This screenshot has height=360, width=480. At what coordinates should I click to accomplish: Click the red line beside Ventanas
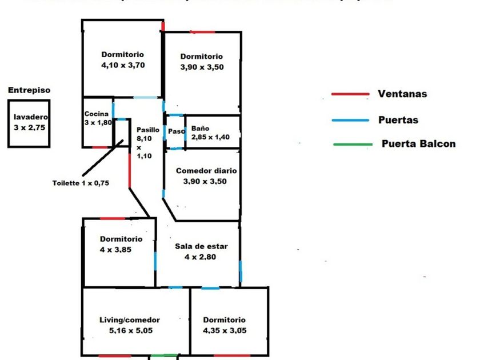point(350,94)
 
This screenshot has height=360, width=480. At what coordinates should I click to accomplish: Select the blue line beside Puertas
point(350,121)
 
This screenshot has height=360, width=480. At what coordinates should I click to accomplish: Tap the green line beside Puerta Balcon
point(350,144)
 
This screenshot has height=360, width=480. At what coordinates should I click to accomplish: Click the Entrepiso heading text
point(29,90)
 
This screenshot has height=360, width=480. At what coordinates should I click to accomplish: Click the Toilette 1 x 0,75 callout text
point(81,183)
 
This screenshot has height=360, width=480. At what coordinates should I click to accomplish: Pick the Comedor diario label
point(206,171)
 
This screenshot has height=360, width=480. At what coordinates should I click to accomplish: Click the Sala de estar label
point(201,247)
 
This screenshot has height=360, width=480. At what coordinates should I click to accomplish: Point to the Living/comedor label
point(130,320)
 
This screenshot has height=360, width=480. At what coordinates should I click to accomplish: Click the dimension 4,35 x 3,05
point(224,330)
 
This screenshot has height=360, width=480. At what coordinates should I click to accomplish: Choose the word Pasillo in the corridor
point(148,130)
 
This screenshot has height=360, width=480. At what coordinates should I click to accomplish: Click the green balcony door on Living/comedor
point(163,356)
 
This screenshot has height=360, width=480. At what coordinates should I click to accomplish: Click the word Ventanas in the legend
point(402,94)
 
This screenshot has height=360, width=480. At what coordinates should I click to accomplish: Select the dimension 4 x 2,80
point(201,257)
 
